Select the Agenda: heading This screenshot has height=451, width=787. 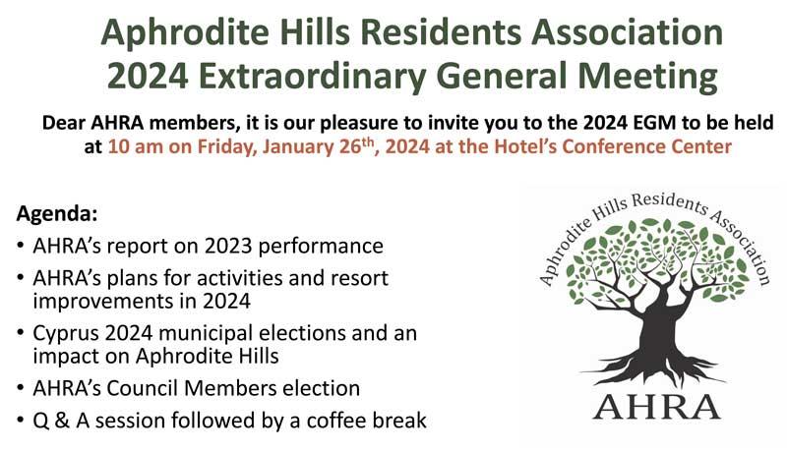point(57,214)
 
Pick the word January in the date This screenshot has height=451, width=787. point(295,146)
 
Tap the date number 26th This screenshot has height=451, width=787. point(354,145)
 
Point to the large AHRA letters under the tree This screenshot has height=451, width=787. point(656,407)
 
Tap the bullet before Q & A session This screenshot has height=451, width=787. point(20,420)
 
